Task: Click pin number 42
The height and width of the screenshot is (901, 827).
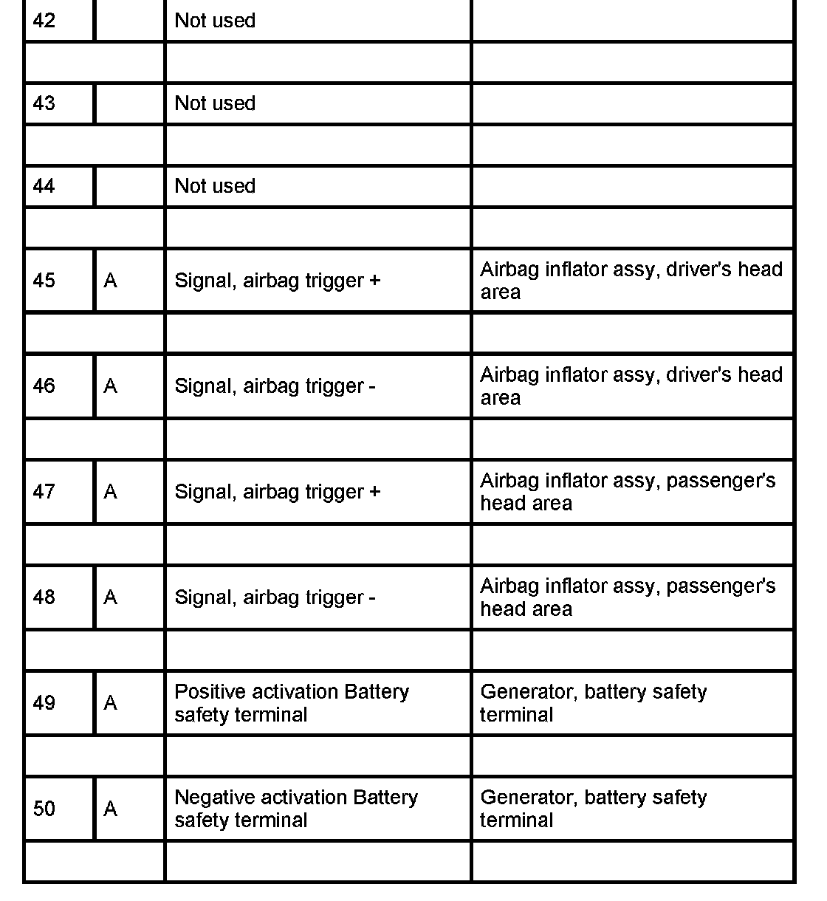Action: pos(44,21)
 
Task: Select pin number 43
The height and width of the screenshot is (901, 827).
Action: pos(44,103)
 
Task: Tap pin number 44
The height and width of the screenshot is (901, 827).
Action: pos(44,186)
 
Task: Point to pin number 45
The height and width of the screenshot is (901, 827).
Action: pos(44,281)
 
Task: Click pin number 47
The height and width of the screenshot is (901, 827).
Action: pos(44,492)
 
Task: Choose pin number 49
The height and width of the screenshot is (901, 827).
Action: pos(44,703)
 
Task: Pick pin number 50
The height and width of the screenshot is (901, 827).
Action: pos(44,809)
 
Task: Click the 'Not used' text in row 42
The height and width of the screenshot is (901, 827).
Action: pos(215,21)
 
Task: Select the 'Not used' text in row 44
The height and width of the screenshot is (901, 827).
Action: pos(215,186)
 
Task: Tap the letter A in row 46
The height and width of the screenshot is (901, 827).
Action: pos(111,386)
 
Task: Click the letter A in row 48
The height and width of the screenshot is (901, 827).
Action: pos(111,597)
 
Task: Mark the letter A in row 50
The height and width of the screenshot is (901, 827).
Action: pos(111,809)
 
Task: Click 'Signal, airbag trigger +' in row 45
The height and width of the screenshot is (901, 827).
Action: pos(277,281)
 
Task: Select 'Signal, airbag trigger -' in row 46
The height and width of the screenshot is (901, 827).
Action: pos(275,386)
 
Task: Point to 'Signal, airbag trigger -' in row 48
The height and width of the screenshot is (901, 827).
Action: pos(275,597)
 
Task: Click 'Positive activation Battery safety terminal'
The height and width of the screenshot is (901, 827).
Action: pos(291,703)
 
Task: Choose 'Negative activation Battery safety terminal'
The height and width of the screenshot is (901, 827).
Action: pos(295,809)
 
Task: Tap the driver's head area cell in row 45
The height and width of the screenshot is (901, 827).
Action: pos(631,281)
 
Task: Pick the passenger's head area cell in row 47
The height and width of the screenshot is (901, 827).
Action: pos(628,492)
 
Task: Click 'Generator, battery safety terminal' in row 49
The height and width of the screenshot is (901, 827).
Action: pos(593,703)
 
